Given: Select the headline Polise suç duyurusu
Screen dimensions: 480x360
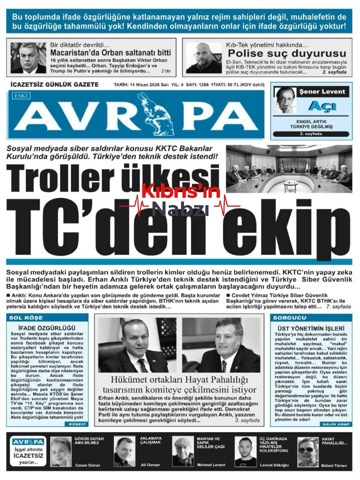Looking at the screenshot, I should click(x=286, y=53).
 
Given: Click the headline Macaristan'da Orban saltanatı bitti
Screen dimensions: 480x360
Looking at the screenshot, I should click(x=110, y=52).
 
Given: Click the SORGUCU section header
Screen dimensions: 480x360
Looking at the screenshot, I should click(x=289, y=318).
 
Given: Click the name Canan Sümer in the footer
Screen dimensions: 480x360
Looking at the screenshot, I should click(x=87, y=465).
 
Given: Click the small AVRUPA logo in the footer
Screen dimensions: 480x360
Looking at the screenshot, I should click(x=28, y=441).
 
